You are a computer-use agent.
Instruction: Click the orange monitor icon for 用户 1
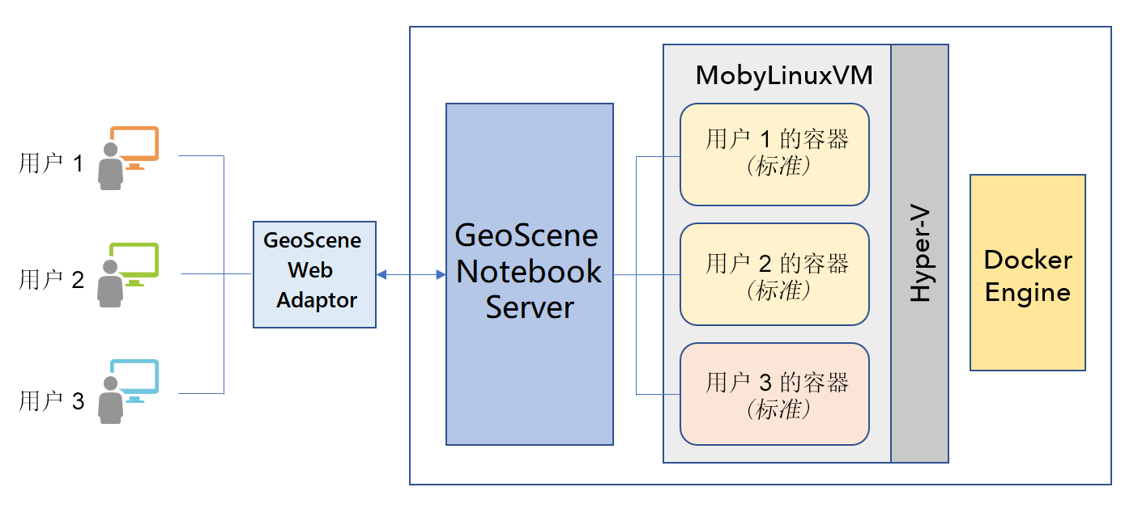135,144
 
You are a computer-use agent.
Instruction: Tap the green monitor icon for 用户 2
135,260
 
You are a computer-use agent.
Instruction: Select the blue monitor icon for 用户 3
135,378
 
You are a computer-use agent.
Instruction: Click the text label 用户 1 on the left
51,164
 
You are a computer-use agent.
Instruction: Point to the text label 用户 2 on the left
51,281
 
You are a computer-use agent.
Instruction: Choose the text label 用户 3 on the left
51,400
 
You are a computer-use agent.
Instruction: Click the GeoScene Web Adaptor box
314,274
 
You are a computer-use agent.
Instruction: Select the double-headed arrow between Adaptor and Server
411,275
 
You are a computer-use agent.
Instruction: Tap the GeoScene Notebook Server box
529,273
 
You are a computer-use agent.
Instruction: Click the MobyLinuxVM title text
784,76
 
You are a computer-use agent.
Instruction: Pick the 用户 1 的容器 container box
774,154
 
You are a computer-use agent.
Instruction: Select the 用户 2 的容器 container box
774,274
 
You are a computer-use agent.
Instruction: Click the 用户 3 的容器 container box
774,394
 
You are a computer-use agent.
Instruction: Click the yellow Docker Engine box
1027,273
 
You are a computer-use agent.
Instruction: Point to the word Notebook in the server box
529,272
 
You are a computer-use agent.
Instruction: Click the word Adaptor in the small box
317,300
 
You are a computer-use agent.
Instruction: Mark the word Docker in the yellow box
1027,260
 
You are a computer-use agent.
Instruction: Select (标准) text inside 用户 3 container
777,410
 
